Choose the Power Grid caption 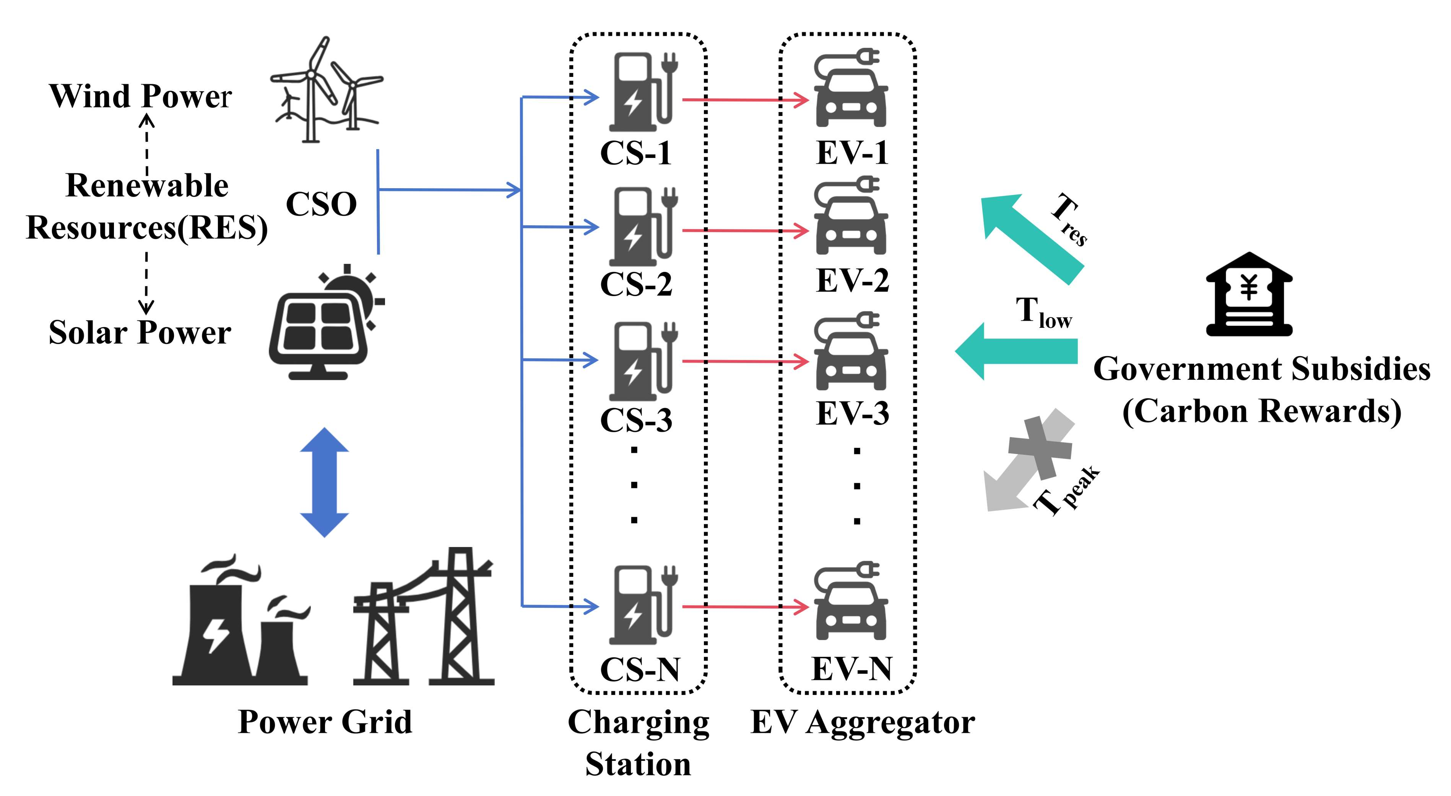325,722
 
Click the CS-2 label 636,283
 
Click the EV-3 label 852,413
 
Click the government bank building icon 1249,294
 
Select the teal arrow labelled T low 1017,351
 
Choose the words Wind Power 140,96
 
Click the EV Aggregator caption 862,722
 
